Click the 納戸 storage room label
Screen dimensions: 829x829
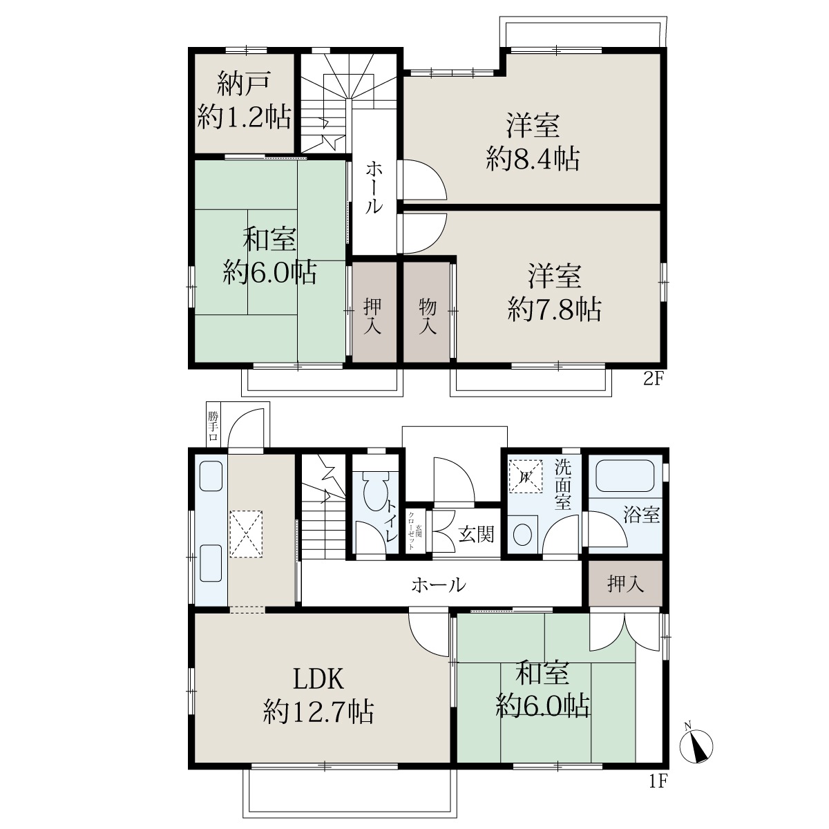(x=244, y=84)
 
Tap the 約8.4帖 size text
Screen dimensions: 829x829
(x=533, y=159)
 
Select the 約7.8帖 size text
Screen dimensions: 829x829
(x=554, y=309)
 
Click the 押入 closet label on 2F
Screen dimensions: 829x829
(x=372, y=316)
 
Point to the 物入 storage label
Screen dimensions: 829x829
(x=427, y=316)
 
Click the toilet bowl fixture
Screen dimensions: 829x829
(x=376, y=491)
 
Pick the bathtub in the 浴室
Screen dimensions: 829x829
(x=625, y=475)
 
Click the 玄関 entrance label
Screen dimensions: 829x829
(x=476, y=534)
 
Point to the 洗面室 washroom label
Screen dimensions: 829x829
(x=563, y=484)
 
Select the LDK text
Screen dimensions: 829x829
(x=318, y=679)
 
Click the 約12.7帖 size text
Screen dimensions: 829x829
(x=318, y=712)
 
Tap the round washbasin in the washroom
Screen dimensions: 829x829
(x=523, y=535)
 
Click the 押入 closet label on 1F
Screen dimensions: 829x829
(x=625, y=584)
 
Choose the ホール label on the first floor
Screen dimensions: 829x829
(x=439, y=584)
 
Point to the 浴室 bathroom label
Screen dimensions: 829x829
(x=641, y=515)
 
